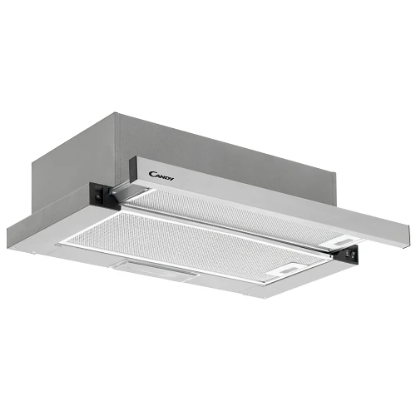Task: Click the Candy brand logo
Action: pos(161,176)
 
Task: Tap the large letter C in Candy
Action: pos(152,174)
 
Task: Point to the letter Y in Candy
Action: pos(172,179)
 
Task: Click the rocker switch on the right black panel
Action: pos(352,253)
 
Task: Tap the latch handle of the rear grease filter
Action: pos(342,241)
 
